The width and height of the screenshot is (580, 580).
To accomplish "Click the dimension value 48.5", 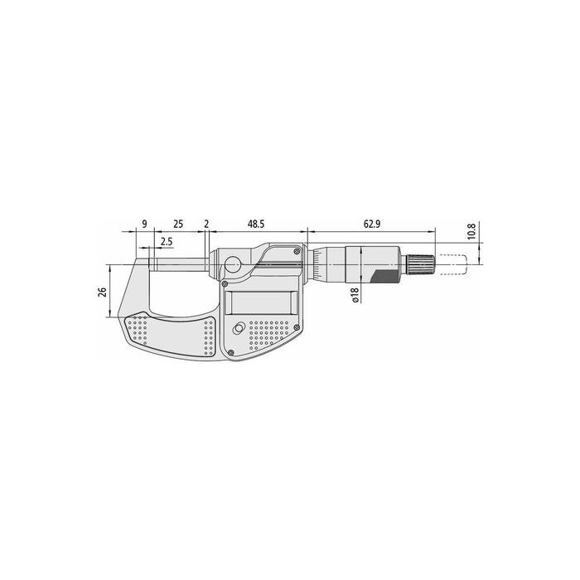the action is (256, 225).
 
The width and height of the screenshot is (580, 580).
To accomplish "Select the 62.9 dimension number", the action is (372, 225).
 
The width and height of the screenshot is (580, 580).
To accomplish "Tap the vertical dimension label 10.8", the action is (471, 231).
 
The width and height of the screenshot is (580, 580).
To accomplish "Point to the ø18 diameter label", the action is (355, 295).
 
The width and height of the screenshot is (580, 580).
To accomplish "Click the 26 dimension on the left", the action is (103, 292).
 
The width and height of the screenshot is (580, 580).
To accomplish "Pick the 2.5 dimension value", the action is (167, 242).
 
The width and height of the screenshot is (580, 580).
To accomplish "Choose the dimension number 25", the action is (178, 225).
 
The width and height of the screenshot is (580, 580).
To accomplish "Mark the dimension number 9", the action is (144, 225).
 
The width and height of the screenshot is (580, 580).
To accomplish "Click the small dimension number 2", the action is (206, 225).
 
